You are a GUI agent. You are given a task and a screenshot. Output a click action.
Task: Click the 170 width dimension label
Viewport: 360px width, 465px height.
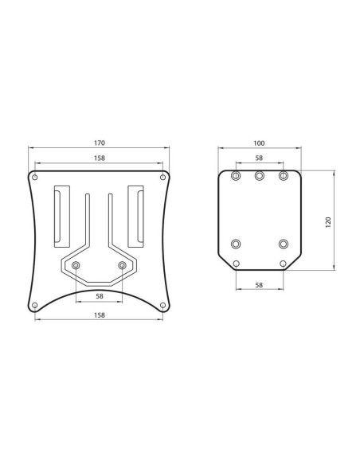tap(99, 143)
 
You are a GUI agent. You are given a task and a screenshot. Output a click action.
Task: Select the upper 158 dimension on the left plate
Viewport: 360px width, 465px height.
tap(99, 158)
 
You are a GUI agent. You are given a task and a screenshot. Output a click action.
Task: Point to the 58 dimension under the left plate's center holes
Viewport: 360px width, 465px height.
tap(99, 296)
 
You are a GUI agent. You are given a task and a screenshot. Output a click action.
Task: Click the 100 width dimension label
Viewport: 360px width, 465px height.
tap(259, 143)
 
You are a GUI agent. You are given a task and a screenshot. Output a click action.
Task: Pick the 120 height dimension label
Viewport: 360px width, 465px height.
tap(327, 221)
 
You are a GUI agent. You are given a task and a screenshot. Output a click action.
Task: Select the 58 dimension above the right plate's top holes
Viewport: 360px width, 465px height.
tap(259, 158)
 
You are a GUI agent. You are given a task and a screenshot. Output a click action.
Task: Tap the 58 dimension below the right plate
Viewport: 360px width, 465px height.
tap(259, 283)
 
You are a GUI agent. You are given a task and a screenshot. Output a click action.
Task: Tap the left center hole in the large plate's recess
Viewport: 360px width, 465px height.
tap(76, 264)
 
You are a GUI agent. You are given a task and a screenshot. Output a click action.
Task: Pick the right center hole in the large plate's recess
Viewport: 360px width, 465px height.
tap(122, 264)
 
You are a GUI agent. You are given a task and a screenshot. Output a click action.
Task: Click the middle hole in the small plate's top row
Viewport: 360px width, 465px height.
tap(259, 176)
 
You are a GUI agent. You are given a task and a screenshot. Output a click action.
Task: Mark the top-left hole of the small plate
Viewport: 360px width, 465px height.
tap(236, 176)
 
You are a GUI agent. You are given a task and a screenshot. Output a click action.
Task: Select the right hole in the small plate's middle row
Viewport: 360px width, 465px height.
tap(283, 244)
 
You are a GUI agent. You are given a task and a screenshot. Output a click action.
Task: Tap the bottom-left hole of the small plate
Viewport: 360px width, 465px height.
tap(236, 264)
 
